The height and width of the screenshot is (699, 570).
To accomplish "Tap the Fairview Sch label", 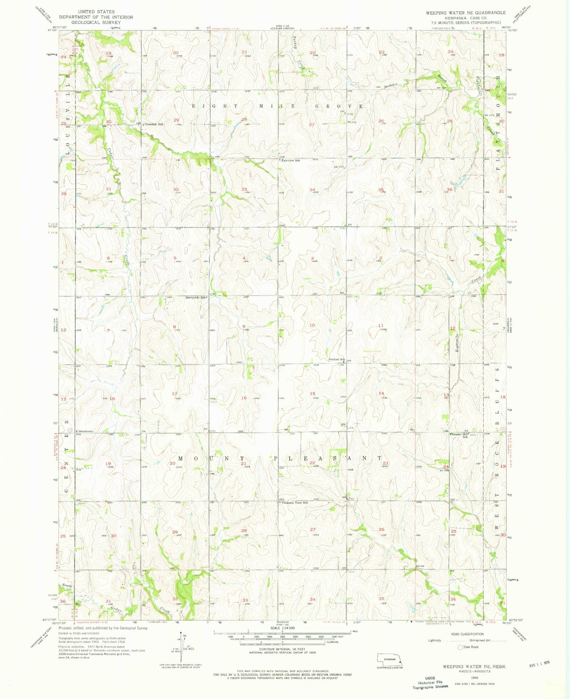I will click(x=291, y=161).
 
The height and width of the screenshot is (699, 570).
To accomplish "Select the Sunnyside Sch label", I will click(x=196, y=297).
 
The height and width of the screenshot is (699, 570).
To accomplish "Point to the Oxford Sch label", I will click(x=336, y=359).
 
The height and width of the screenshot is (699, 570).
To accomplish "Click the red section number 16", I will click(x=244, y=398).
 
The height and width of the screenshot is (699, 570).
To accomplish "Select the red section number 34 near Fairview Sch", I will click(x=312, y=190).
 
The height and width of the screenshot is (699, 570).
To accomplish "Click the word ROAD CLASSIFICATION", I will click(x=467, y=634).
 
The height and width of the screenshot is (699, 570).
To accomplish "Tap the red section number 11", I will click(x=381, y=326).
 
